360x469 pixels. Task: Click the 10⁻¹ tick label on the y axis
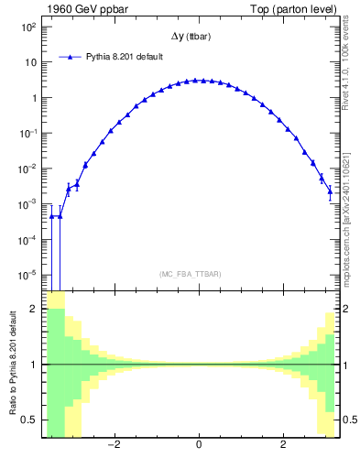27,134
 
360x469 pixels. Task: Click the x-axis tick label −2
114,446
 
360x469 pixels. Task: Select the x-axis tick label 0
199,446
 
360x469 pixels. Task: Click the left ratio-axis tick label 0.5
28,420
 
